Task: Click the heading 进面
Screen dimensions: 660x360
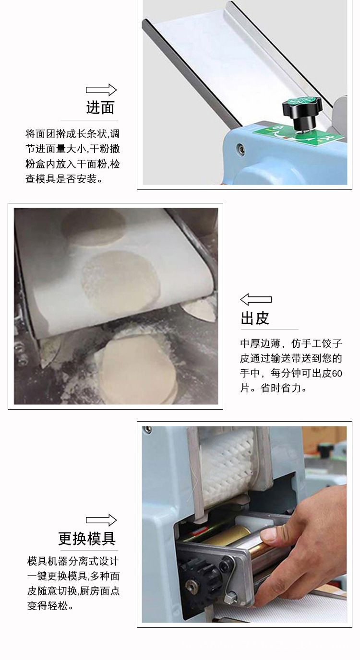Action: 100,107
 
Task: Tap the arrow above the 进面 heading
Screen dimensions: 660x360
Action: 101,90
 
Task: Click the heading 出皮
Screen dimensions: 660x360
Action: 255,318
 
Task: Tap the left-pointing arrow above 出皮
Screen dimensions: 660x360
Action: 256,300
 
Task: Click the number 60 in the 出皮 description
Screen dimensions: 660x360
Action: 337,373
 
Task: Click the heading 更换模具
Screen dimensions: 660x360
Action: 87,539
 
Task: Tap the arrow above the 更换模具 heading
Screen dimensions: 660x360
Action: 101,520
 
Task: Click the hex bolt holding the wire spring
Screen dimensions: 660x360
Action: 233,596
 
